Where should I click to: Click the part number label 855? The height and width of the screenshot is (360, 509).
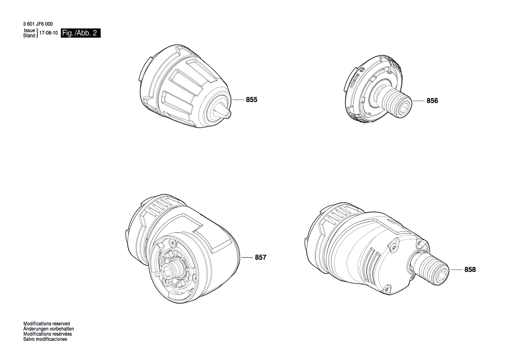252,100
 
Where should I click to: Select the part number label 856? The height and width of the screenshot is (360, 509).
432,101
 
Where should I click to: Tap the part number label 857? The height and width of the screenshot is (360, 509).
260,258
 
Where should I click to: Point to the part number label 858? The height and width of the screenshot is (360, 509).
470,270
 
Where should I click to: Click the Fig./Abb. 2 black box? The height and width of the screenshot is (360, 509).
81,33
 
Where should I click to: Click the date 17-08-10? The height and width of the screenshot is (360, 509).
49,33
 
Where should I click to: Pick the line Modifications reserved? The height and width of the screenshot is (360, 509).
46,324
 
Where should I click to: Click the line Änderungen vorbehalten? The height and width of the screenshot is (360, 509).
48,329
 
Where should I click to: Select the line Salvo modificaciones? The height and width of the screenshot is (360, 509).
45,339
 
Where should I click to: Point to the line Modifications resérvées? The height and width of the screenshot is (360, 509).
47,334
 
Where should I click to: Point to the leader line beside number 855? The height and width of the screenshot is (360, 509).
238,100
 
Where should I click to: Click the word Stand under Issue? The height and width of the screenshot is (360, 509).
29,36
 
